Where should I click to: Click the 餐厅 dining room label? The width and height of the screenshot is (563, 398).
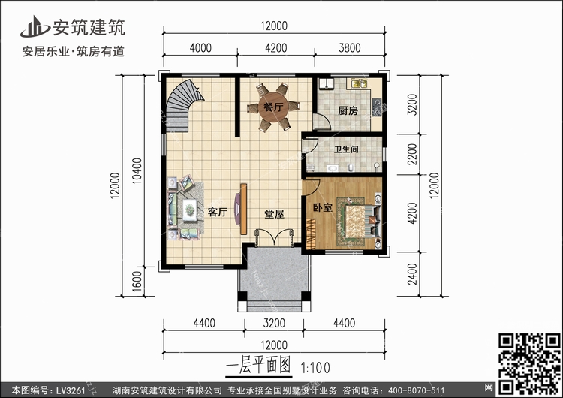pyautogui.click(x=273, y=107)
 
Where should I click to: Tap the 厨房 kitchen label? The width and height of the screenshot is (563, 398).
pyautogui.click(x=348, y=111)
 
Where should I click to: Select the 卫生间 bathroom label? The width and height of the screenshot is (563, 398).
pyautogui.click(x=346, y=149)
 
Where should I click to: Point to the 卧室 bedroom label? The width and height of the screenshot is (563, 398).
pyautogui.click(x=323, y=207)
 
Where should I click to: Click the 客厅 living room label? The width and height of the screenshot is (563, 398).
pyautogui.click(x=218, y=212)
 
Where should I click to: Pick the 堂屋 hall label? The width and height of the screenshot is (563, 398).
pyautogui.click(x=274, y=214)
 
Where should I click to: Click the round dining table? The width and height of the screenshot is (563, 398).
pyautogui.click(x=273, y=107)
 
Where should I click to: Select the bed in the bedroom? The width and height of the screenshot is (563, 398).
pyautogui.click(x=359, y=222)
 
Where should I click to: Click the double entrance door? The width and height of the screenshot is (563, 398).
pyautogui.click(x=274, y=237)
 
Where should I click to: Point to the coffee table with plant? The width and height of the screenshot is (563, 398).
pyautogui.click(x=189, y=210)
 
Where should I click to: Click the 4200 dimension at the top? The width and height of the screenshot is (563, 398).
pyautogui.click(x=275, y=48)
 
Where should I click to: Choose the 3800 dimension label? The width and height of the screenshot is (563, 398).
pyautogui.click(x=350, y=48)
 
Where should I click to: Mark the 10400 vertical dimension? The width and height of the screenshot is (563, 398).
pyautogui.click(x=137, y=171)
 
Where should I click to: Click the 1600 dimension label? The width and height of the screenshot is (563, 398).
pyautogui.click(x=137, y=282)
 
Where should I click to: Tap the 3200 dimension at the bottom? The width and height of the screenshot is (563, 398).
pyautogui.click(x=274, y=324)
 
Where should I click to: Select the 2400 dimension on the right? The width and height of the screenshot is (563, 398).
pyautogui.click(x=413, y=274)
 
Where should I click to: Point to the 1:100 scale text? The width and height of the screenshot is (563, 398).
pyautogui.click(x=315, y=368)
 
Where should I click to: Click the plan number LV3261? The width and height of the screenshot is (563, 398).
pyautogui.click(x=70, y=390)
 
